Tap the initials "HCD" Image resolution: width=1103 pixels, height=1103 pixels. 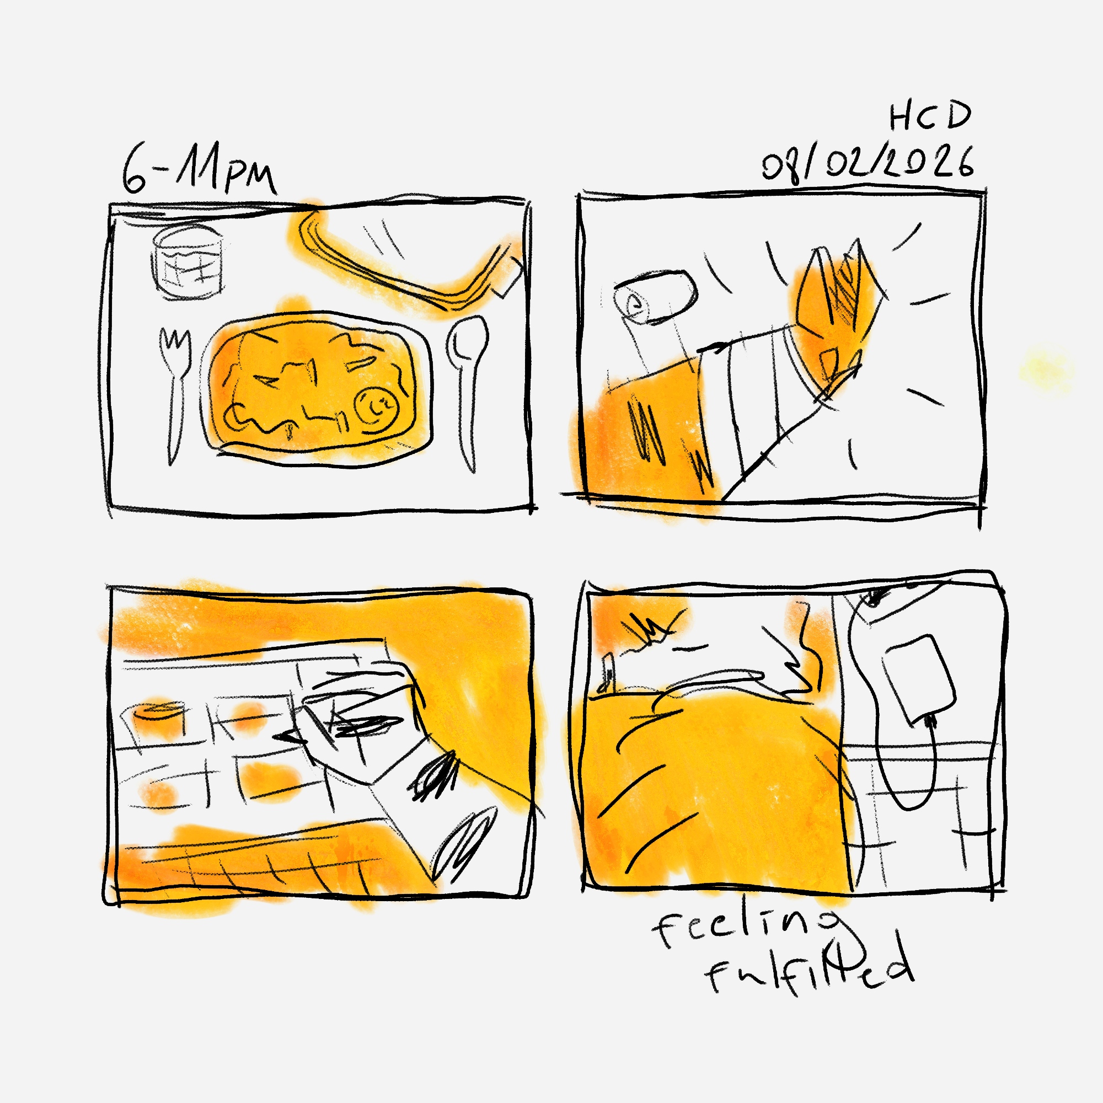[930, 116]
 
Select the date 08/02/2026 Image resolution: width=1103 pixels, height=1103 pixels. [868, 163]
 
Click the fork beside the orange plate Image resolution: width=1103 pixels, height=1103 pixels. [174, 394]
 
